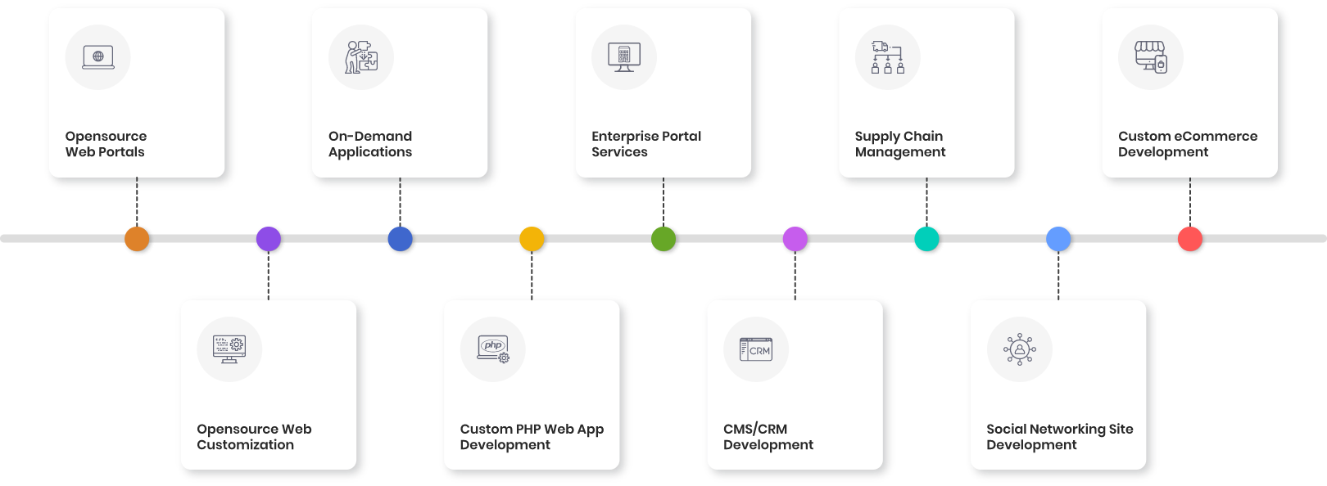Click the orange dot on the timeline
coord(137,239)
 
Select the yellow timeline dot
coord(532,239)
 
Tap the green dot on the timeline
coord(663,239)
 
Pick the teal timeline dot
coord(926,239)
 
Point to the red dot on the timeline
coord(1189,239)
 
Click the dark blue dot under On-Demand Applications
coord(400,239)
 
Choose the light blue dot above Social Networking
coord(1058,239)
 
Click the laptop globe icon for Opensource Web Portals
coord(98,57)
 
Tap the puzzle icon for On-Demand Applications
coord(361,57)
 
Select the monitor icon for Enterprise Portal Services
coord(624,57)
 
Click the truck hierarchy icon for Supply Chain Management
coord(888,57)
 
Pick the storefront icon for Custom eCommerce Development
coord(1151,57)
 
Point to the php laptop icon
coord(493,349)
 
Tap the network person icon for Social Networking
coord(1020,349)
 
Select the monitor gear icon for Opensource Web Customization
coord(229,349)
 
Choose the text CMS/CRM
coord(755,430)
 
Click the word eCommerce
coord(1216,137)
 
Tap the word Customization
coord(245,445)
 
